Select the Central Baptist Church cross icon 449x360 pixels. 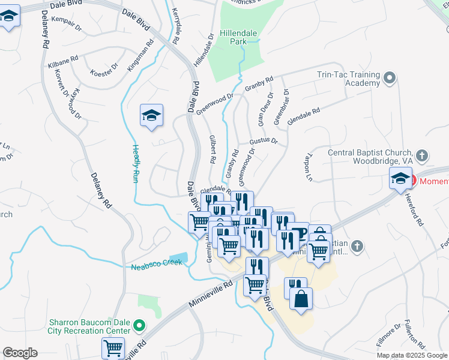(x=422, y=156)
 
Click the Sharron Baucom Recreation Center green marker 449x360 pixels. (x=139, y=326)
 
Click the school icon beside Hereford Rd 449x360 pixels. (x=400, y=178)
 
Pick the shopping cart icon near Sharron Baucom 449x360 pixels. (x=113, y=347)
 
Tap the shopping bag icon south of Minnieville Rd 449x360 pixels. (x=301, y=298)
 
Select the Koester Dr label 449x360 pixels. (x=101, y=73)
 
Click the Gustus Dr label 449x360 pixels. (x=264, y=141)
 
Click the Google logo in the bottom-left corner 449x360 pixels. (x=20, y=353)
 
